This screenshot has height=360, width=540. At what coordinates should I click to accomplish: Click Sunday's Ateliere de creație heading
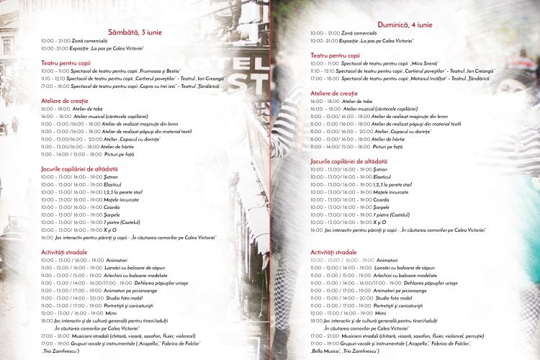pyautogui.click(x=333, y=94)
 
